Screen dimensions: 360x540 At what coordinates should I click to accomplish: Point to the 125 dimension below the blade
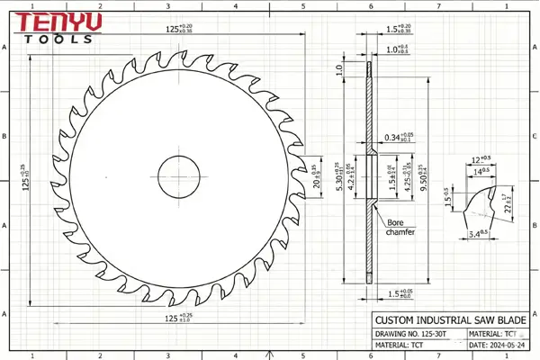tap(173, 318)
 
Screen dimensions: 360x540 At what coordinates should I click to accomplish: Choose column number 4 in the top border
tap(236, 5)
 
